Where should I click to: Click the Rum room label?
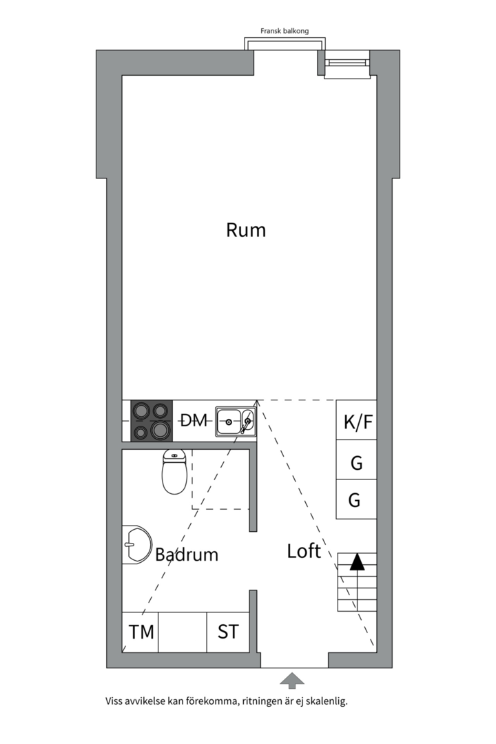pos(246,230)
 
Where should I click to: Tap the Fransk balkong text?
pos(285,31)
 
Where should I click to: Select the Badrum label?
pos(187,554)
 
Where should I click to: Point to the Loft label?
pos(304,551)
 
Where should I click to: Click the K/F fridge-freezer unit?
pos(356,420)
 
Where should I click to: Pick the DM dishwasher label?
pos(194,420)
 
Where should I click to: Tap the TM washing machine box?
pos(140,632)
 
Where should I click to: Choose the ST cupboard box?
pos(228,632)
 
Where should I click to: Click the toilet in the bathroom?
pos(174,472)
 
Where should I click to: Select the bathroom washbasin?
pos(136,545)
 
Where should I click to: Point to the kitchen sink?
pos(236,421)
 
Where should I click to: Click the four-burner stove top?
pos(152,421)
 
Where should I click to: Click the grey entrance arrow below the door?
pos(292,681)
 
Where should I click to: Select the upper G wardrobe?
pos(356,460)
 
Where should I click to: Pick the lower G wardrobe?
pos(356,499)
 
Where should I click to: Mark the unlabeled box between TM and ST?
pos(183,632)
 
